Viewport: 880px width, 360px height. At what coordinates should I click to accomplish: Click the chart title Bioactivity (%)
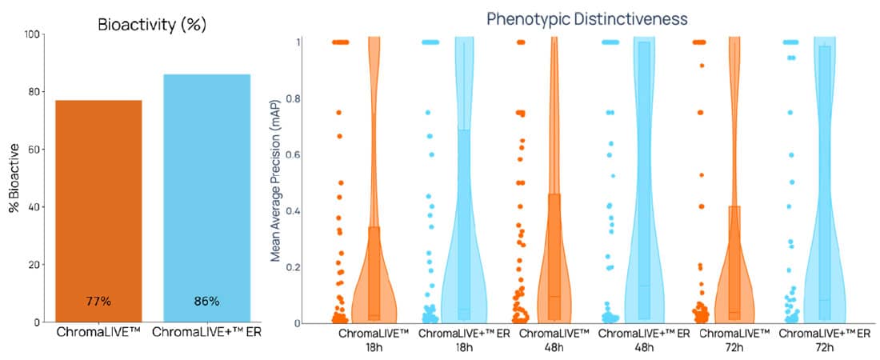click(151, 24)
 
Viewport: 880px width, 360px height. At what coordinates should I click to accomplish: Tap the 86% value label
click(206, 302)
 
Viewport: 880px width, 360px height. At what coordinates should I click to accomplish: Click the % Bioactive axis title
click(14, 178)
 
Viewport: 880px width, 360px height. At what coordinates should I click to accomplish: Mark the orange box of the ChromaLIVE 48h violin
click(554, 256)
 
